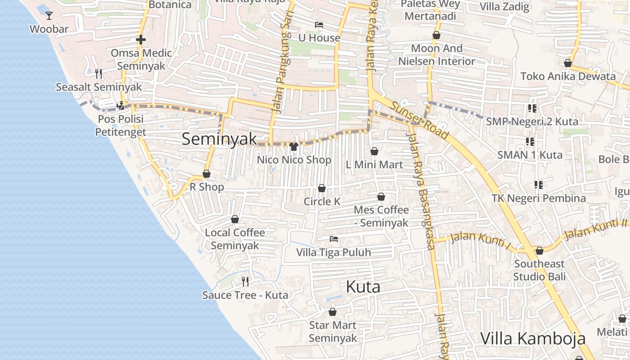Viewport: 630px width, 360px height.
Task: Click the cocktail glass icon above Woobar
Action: point(49,16)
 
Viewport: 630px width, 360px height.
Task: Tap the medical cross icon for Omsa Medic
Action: point(141,40)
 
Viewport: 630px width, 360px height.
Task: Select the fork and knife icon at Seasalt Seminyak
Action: point(99,73)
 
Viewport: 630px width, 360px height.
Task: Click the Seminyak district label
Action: point(219,139)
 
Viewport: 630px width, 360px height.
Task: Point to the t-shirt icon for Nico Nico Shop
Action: point(294,146)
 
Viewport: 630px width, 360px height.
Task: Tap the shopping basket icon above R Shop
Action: point(207,174)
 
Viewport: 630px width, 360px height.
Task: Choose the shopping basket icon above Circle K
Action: point(322,188)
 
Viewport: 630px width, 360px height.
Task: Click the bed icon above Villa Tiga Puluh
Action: point(333,238)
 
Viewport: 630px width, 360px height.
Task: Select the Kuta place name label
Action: point(363,287)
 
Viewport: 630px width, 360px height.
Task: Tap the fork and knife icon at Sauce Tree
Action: point(245,282)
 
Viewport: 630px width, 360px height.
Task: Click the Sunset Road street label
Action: point(420,120)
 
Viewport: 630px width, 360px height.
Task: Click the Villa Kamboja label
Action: point(533,338)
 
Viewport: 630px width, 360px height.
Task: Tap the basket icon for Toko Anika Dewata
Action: point(568,63)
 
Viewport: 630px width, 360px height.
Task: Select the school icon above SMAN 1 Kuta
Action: point(530,142)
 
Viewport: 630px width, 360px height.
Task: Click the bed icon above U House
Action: point(319,25)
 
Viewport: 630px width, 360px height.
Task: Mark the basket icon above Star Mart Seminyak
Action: point(333,311)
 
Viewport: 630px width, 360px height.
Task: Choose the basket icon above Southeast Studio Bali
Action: point(539,250)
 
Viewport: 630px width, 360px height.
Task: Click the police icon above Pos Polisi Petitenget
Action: point(120,106)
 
